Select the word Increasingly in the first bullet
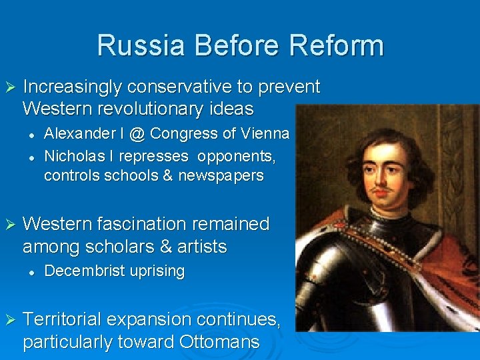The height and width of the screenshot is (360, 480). tap(73, 87)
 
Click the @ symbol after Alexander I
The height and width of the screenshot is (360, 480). tap(137, 134)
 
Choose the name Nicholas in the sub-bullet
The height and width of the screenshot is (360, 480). tap(70, 155)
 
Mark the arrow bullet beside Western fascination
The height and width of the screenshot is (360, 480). tap(9, 225)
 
